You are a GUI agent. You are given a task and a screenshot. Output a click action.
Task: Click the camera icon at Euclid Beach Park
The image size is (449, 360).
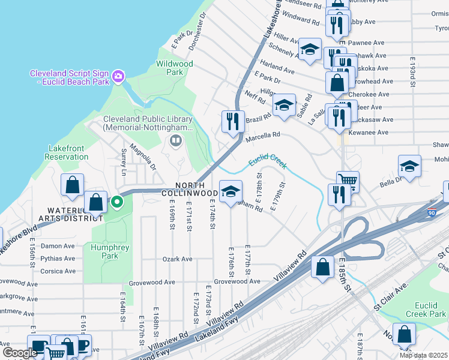118,76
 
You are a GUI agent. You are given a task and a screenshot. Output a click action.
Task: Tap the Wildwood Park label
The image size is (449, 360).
174,68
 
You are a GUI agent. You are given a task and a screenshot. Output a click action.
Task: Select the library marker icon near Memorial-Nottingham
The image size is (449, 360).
176,141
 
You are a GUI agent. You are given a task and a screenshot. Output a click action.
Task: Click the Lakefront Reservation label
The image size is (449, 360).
67,152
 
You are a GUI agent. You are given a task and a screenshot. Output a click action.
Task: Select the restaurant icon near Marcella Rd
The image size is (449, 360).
232,121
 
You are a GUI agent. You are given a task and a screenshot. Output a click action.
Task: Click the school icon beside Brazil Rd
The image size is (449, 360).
284,106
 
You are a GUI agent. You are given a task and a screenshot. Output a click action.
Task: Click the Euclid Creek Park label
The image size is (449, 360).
426,310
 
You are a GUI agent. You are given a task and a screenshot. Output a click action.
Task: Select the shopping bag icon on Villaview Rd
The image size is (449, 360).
323,268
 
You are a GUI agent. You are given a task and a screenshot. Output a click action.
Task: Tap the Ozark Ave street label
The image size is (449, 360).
177,259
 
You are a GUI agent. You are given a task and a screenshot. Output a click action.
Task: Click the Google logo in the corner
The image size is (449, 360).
20,353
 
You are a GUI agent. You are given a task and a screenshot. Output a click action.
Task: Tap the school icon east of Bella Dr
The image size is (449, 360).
409,167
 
